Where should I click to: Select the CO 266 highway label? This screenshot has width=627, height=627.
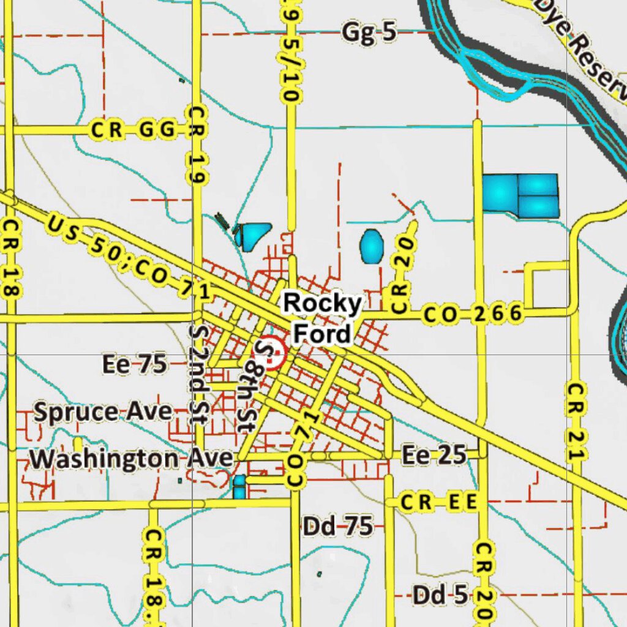pyautogui.click(x=473, y=315)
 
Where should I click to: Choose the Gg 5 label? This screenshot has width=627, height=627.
pyautogui.click(x=369, y=32)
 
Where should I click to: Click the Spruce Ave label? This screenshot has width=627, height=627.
pyautogui.click(x=102, y=411)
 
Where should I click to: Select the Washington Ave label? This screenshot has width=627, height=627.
pyautogui.click(x=132, y=458)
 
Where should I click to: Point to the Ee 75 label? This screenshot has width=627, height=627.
pyautogui.click(x=134, y=365)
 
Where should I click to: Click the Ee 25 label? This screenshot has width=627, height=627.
pyautogui.click(x=434, y=455)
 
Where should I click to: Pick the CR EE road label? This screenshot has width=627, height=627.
pyautogui.click(x=438, y=503)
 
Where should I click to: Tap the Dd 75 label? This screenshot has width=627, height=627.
pyautogui.click(x=337, y=526)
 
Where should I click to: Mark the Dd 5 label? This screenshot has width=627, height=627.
pyautogui.click(x=440, y=594)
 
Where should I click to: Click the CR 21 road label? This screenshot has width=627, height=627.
pyautogui.click(x=576, y=421)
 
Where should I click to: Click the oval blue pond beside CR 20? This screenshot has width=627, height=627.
pyautogui.click(x=372, y=246)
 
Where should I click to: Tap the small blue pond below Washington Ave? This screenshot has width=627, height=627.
pyautogui.click(x=239, y=486)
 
